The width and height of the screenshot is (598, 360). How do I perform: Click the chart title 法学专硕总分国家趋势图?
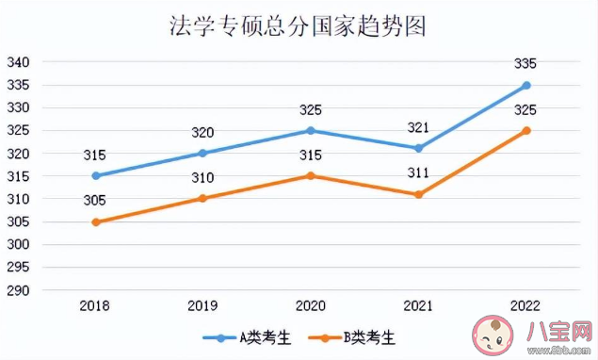click(298, 25)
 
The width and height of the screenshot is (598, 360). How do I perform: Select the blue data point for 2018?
click(95, 175)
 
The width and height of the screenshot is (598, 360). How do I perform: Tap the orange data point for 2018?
click(95, 221)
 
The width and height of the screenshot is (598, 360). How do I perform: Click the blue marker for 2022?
click(525, 85)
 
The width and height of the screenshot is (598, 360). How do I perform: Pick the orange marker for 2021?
click(418, 194)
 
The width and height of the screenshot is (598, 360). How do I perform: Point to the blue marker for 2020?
click(311, 130)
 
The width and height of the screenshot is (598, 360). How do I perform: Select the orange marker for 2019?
click(203, 198)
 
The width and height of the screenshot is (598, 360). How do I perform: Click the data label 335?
click(525, 64)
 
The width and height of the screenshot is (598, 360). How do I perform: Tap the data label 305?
click(95, 201)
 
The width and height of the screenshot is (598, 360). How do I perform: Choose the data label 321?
click(418, 127)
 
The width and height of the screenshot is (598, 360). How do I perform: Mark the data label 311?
click(418, 173)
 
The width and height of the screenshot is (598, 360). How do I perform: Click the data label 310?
click(203, 178)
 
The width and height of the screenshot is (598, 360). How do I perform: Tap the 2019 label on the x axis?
click(203, 306)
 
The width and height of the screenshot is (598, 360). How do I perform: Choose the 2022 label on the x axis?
click(525, 306)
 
